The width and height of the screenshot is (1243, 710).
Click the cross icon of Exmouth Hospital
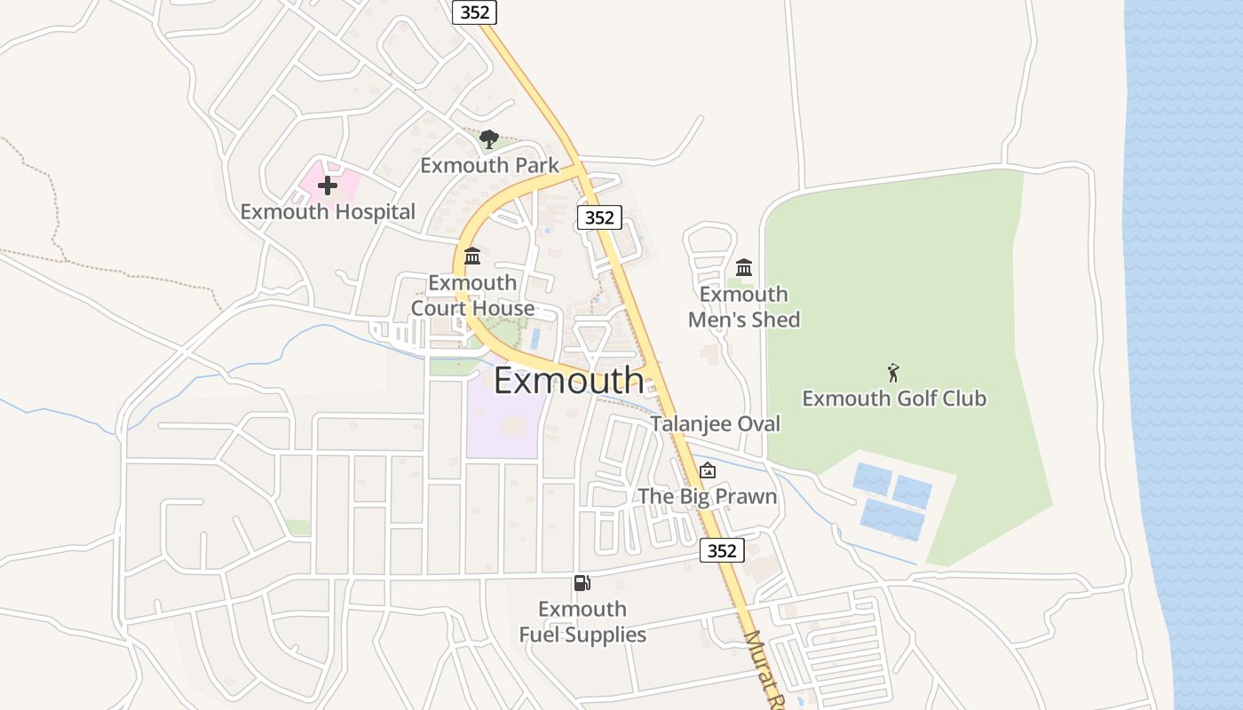tap(328, 185)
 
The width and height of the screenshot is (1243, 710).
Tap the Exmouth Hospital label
tap(328, 212)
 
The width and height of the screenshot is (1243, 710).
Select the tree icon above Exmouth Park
tap(488, 139)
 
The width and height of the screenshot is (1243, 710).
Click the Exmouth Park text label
tap(489, 165)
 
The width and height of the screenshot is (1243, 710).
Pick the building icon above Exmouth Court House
tap(472, 256)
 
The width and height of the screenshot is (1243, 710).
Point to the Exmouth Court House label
tap(472, 296)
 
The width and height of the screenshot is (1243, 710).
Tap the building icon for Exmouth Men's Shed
tap(744, 267)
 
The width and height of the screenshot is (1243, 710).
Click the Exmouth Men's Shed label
tap(744, 307)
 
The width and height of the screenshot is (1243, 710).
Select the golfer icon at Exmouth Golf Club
tap(893, 373)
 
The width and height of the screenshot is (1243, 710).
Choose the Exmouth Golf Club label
tap(894, 398)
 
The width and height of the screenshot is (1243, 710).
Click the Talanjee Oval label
tap(715, 424)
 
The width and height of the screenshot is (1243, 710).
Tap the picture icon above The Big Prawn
tap(708, 470)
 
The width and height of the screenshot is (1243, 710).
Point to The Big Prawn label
tap(708, 496)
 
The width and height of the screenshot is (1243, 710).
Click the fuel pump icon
tap(582, 583)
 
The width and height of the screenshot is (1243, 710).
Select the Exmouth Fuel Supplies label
tap(582, 622)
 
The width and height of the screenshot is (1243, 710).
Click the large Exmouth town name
tap(568, 381)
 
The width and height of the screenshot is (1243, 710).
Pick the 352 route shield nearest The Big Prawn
tap(722, 550)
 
